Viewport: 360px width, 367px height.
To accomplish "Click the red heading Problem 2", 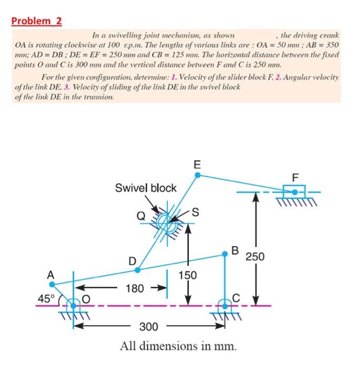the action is pyautogui.click(x=37, y=21).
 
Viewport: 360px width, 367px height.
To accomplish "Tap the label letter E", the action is pyautogui.click(x=197, y=164).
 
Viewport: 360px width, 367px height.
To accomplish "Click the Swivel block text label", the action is pyautogui.click(x=146, y=188).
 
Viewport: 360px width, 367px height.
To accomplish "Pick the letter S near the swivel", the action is pyautogui.click(x=195, y=212).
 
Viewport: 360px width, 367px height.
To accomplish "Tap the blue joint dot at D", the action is pyautogui.click(x=137, y=270).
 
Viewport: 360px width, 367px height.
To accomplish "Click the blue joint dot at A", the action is pyautogui.click(x=51, y=284).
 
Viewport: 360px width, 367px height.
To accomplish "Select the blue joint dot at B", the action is pyautogui.click(x=226, y=255).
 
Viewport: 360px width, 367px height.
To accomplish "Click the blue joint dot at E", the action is pyautogui.click(x=197, y=176).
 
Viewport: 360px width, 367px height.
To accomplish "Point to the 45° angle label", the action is pyautogui.click(x=46, y=298).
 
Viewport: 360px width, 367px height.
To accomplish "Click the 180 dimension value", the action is pyautogui.click(x=135, y=288).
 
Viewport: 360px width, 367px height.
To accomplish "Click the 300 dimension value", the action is pyautogui.click(x=149, y=327).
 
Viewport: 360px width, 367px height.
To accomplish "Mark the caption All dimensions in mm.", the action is pyautogui.click(x=178, y=346).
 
